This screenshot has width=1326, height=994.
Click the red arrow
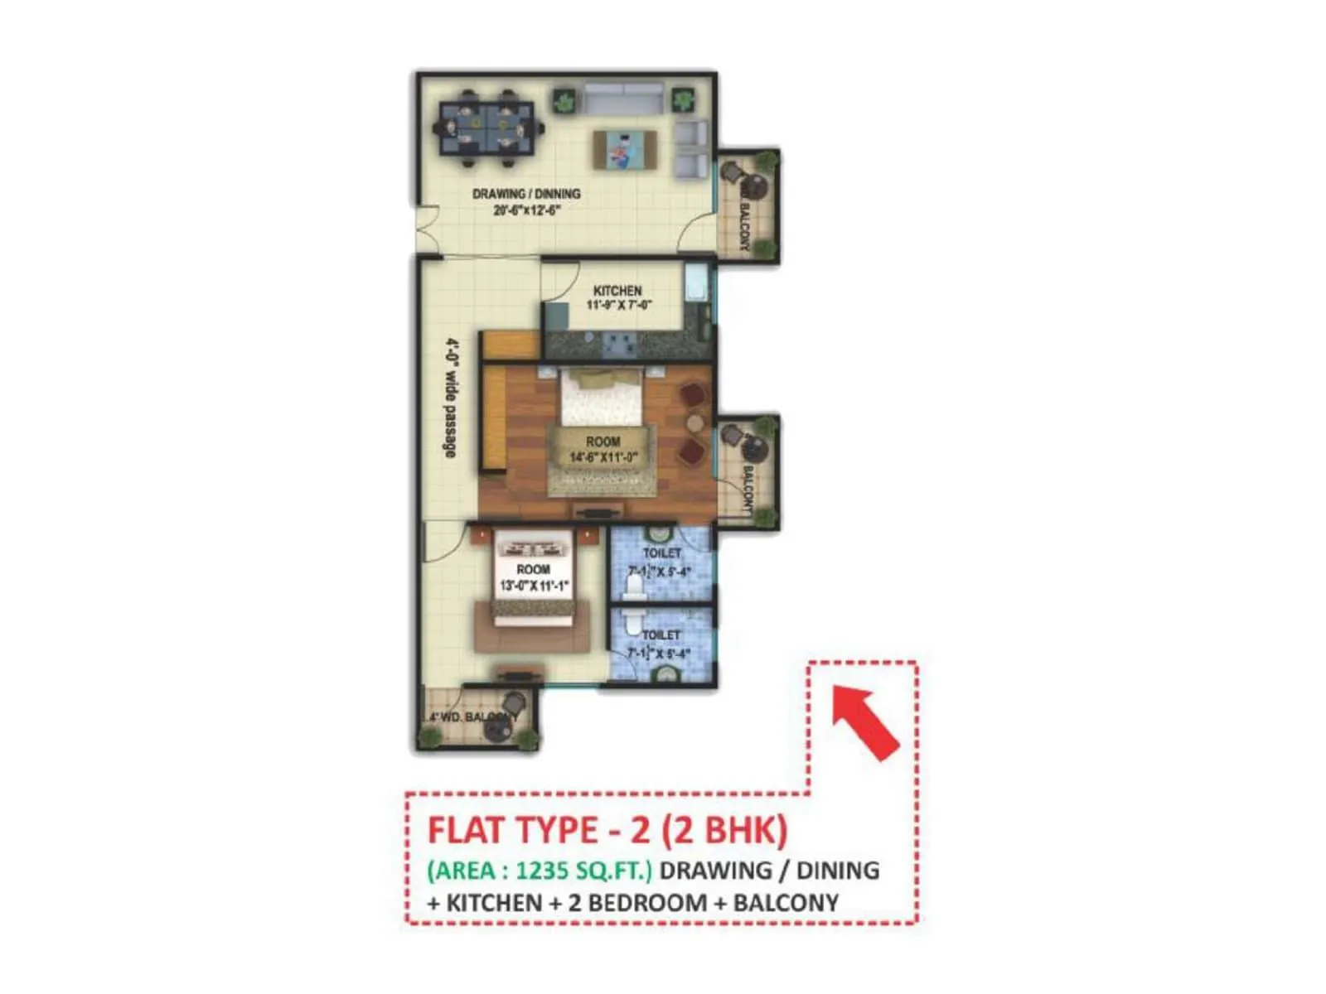click(865, 720)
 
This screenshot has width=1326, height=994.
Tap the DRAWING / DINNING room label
click(526, 194)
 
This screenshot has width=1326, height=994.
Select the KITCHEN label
click(617, 291)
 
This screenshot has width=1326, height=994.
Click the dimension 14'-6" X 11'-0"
click(603, 457)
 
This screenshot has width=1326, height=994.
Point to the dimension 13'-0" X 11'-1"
click(534, 586)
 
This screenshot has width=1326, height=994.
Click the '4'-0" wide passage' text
click(451, 398)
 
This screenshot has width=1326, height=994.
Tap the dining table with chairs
click(487, 128)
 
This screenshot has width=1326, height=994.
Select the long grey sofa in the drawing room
click(624, 99)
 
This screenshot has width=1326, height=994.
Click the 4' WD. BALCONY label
click(473, 717)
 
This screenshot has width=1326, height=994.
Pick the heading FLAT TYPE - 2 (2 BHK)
click(607, 830)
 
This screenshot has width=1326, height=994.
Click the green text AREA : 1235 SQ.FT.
click(540, 871)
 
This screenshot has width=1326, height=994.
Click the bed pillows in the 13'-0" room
click(534, 548)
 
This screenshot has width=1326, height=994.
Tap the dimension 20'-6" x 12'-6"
click(527, 210)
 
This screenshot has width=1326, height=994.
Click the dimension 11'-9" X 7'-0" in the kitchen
click(619, 306)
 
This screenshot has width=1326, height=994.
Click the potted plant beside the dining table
click(564, 102)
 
